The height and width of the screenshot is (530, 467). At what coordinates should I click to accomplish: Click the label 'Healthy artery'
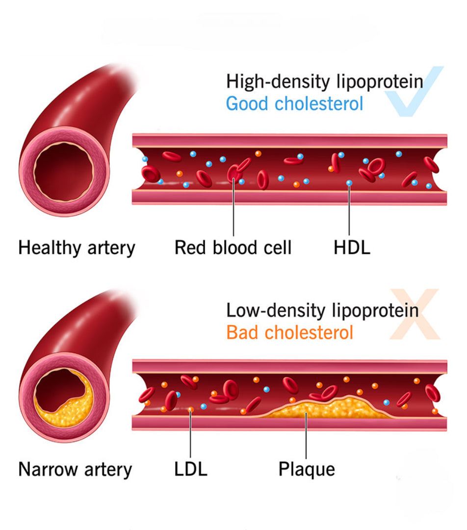click(76, 247)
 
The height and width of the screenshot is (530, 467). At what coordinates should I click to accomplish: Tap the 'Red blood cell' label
click(233, 247)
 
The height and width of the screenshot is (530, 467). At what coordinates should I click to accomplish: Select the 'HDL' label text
click(352, 247)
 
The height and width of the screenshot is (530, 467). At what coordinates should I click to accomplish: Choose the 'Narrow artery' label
click(75, 469)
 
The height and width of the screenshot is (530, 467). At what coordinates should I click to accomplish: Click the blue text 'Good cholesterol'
click(294, 104)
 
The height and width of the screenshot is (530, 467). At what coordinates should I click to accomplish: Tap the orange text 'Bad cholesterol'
click(289, 333)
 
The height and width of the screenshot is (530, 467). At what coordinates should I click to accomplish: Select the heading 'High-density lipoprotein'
click(324, 81)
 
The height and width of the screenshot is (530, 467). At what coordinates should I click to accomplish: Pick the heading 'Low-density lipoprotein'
click(322, 310)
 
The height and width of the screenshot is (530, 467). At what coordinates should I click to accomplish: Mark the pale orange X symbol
click(415, 314)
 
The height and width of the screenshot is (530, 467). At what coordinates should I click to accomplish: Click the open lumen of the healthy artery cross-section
click(64, 172)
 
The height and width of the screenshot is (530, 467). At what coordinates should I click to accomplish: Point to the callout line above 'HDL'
click(349, 211)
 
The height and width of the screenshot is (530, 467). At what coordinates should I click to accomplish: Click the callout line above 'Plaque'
click(306, 437)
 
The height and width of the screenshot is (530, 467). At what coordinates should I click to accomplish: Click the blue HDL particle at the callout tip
click(349, 183)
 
